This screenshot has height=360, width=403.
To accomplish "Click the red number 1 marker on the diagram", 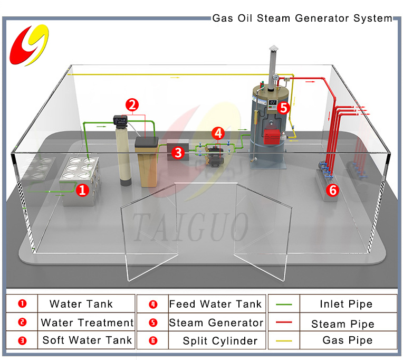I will [82, 189].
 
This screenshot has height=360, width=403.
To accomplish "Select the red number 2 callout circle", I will [132, 104].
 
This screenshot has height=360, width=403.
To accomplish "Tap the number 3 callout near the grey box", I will [178, 153].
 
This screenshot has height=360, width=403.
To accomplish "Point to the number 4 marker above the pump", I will [218, 132].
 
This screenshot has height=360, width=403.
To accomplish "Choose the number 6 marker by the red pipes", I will [332, 191].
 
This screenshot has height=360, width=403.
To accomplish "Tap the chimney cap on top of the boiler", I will [273, 50].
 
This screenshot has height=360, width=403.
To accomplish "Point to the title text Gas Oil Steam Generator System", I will [302, 18].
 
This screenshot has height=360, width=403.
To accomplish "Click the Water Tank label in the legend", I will [81, 304].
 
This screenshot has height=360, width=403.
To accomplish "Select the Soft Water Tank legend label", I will [88, 340].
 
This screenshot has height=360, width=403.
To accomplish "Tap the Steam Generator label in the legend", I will [216, 323].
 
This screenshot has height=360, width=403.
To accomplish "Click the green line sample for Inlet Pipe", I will [284, 305].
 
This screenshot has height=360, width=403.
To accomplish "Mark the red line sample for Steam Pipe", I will [284, 323].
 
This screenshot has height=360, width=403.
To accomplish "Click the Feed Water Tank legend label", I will [215, 304].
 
